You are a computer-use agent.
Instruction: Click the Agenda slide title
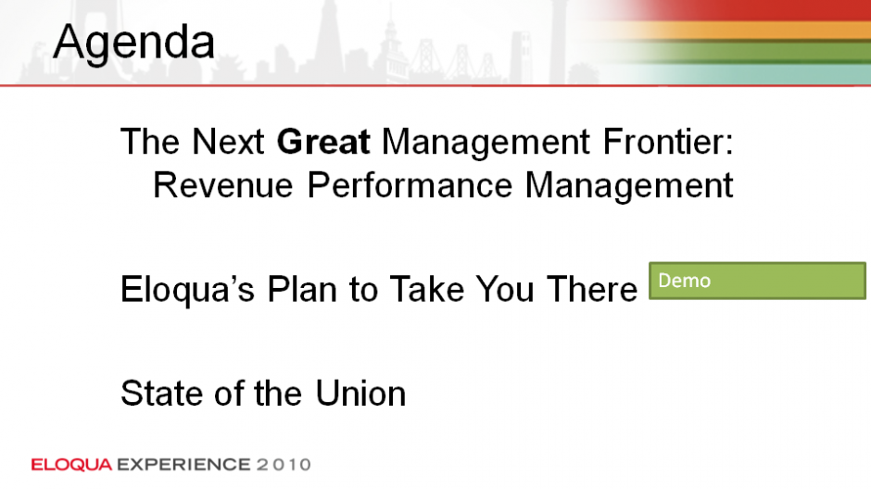(133, 43)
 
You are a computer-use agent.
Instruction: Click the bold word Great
(323, 142)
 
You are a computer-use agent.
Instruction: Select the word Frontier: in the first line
(668, 142)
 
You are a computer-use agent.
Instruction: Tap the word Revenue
(222, 185)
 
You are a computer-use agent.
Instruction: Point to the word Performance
(410, 185)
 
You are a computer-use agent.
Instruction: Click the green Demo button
(757, 281)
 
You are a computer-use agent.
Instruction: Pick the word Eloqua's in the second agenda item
(187, 290)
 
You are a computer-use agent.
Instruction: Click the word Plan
(302, 289)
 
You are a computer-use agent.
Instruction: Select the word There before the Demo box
(592, 289)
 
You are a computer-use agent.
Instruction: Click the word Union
(360, 394)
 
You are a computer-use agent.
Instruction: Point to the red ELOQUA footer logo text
(71, 465)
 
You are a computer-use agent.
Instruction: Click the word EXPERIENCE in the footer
(183, 465)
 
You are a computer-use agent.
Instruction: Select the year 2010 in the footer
(284, 465)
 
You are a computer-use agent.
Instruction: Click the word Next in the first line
(228, 142)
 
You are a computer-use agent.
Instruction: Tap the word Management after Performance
(629, 185)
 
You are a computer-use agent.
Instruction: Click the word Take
(426, 289)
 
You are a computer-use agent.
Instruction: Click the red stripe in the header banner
(750, 10)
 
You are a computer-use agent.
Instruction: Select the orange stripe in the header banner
(750, 31)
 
